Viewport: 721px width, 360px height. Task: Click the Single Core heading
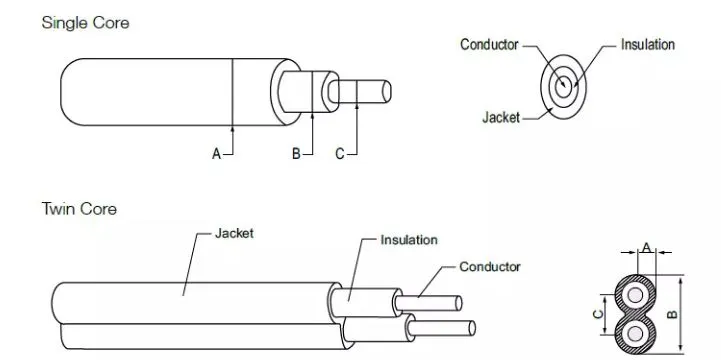[x=86, y=23]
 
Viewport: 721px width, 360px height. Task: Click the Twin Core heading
[x=79, y=209]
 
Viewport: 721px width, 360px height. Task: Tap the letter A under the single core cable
[x=216, y=154]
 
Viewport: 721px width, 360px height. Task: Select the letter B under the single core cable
[x=296, y=154]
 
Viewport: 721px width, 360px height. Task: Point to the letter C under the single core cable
[x=340, y=154]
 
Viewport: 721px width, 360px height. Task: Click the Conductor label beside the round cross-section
[x=489, y=45]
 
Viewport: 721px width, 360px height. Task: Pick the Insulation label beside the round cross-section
[x=648, y=45]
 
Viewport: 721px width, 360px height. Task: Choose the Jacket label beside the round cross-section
[x=501, y=118]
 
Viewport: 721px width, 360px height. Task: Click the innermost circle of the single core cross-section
[x=563, y=87]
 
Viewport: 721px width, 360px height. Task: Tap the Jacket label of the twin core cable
[x=234, y=233]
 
